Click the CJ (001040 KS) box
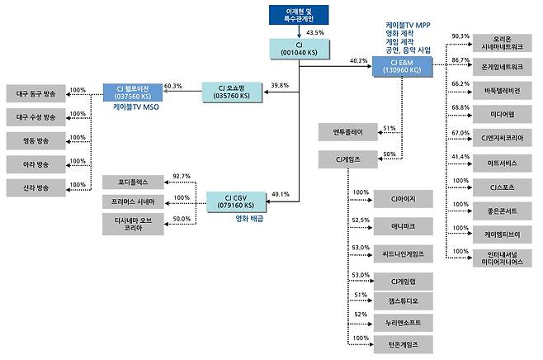click(x=299, y=47)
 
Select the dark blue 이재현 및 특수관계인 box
click(x=299, y=15)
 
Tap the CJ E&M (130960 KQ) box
click(x=402, y=66)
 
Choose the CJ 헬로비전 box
click(x=132, y=90)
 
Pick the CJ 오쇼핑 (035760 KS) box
click(x=234, y=90)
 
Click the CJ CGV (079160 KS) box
click(x=235, y=200)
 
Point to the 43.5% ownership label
click(x=314, y=31)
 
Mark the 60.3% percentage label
click(x=173, y=85)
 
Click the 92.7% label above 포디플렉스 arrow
click(x=181, y=176)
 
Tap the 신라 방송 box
click(x=35, y=187)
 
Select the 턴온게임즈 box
click(x=400, y=342)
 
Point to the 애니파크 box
click(x=400, y=225)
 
